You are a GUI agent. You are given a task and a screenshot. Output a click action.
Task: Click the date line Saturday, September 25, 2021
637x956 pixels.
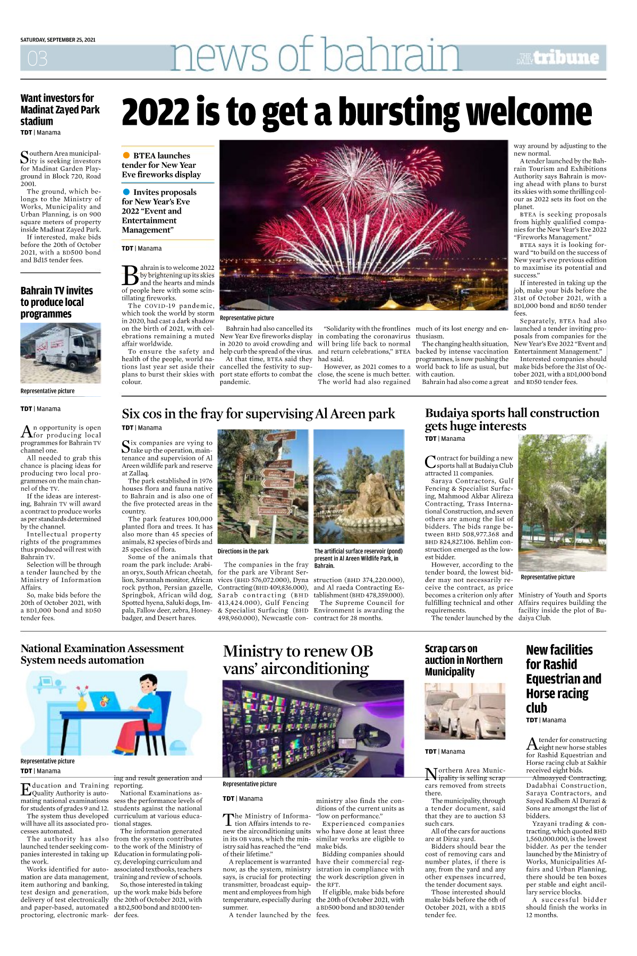coord(58,40)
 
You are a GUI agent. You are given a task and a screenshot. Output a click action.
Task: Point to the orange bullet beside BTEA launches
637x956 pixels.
coord(126,155)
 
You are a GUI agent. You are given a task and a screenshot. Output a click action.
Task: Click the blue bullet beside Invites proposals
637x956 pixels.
coord(126,192)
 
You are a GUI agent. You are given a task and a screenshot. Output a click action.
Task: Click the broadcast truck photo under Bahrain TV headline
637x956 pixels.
coord(61,353)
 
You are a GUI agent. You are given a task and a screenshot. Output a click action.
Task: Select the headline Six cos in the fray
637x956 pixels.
coord(258,414)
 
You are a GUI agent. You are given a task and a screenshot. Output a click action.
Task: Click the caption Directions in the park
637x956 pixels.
coord(243,551)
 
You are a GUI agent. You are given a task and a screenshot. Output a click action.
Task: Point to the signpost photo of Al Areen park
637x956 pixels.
coord(263,486)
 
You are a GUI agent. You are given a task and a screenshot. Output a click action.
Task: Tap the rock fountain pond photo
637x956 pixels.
coord(359,486)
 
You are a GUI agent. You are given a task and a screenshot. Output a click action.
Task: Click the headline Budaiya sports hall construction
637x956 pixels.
coord(512,419)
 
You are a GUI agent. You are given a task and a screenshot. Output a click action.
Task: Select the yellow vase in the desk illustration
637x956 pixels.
coord(82,703)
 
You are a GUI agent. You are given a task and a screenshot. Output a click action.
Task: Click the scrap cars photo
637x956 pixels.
coord(465,711)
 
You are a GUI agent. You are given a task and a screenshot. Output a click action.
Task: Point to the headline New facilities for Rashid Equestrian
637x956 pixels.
coord(563,678)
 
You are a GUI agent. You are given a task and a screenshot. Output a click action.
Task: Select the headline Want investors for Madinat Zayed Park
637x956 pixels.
coord(60,109)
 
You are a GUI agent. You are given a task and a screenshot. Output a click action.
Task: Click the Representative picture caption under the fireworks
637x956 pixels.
coord(247,318)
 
